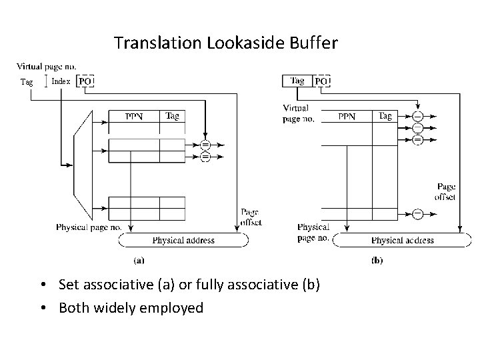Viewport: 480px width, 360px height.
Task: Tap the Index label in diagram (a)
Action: (x=61, y=81)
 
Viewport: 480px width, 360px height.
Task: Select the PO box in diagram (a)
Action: (x=85, y=81)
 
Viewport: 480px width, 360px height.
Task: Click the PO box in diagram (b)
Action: (x=321, y=81)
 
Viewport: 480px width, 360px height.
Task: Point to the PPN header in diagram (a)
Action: (x=134, y=117)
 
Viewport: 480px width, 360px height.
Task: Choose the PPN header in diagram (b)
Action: (x=347, y=117)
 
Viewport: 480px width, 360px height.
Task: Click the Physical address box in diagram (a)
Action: (x=183, y=240)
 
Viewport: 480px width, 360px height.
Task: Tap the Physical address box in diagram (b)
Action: (x=402, y=240)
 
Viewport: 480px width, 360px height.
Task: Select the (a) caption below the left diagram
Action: (x=139, y=260)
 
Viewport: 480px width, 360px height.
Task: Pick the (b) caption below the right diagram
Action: (x=377, y=260)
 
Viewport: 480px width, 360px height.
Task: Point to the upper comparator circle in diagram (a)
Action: (x=205, y=145)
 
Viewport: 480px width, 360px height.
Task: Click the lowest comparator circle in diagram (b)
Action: (x=417, y=213)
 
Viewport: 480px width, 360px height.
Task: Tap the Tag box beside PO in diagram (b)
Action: (x=297, y=81)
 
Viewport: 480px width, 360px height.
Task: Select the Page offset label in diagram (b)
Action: (x=445, y=192)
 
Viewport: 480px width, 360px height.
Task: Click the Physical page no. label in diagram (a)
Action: (x=88, y=227)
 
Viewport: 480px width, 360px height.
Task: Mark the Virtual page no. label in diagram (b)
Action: (x=296, y=113)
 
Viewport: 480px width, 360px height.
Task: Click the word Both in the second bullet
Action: (x=74, y=307)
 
